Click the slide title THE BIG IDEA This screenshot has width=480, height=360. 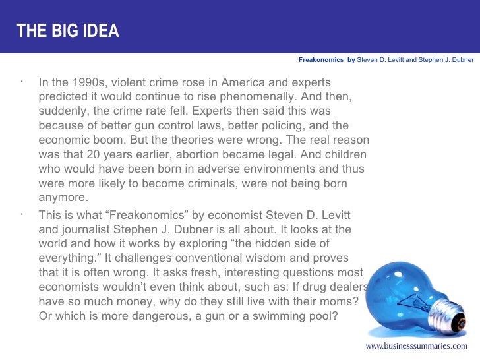click(69, 31)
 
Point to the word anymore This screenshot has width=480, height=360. click(63, 197)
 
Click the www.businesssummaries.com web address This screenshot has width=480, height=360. click(417, 345)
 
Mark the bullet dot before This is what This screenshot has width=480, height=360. click(22, 213)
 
